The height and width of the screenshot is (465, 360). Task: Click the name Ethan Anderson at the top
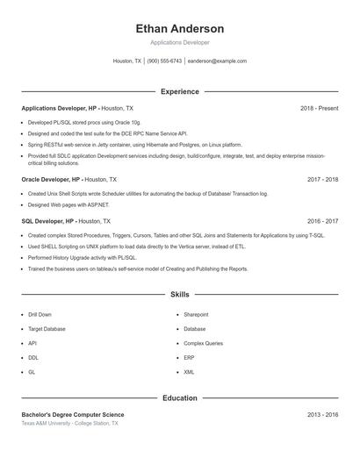[179, 29]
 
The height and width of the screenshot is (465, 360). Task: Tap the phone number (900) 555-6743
[164, 61]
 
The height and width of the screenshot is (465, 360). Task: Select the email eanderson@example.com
[217, 61]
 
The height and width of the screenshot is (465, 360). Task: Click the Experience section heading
[179, 91]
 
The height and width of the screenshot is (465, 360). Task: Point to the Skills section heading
[179, 295]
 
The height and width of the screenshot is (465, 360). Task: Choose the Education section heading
[179, 397]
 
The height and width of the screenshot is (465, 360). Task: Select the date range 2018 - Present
[319, 108]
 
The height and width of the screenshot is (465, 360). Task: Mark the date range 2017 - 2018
[322, 179]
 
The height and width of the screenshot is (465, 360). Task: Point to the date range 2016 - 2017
[322, 221]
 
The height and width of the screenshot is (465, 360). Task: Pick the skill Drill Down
[40, 314]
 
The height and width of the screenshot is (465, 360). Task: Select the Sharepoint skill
[196, 314]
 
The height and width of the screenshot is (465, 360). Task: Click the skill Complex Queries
[203, 343]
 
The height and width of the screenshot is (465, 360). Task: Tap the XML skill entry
[189, 372]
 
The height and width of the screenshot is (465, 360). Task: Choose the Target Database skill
[47, 329]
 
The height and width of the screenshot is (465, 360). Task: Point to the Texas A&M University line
[69, 423]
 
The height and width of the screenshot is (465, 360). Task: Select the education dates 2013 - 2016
[322, 414]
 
